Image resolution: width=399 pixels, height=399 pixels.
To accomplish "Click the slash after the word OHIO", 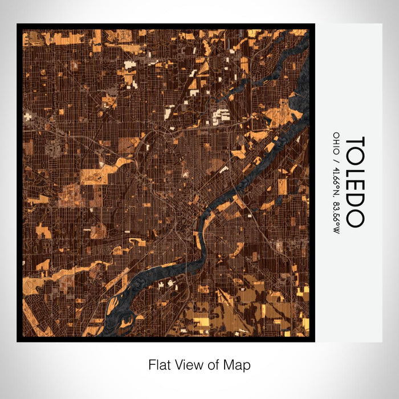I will [x=336, y=153].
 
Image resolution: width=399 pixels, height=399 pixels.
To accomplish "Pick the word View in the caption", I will [x=189, y=364].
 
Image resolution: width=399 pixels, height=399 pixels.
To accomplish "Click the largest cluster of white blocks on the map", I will [x=220, y=117].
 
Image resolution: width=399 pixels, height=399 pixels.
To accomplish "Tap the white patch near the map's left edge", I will [x=27, y=116].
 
